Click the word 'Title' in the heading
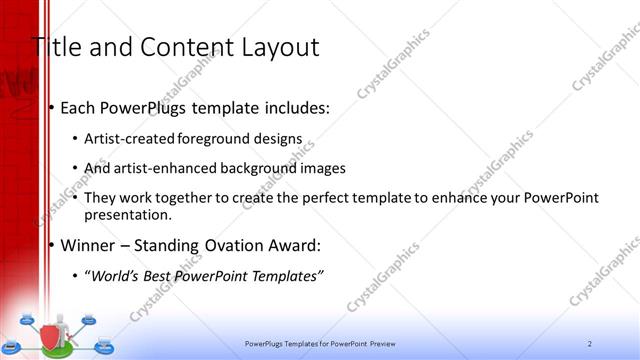click(x=53, y=47)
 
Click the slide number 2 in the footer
click(x=590, y=343)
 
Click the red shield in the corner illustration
click(x=50, y=334)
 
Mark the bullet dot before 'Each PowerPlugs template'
click(x=51, y=107)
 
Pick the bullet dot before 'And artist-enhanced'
click(x=78, y=168)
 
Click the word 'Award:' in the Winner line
click(x=304, y=245)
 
